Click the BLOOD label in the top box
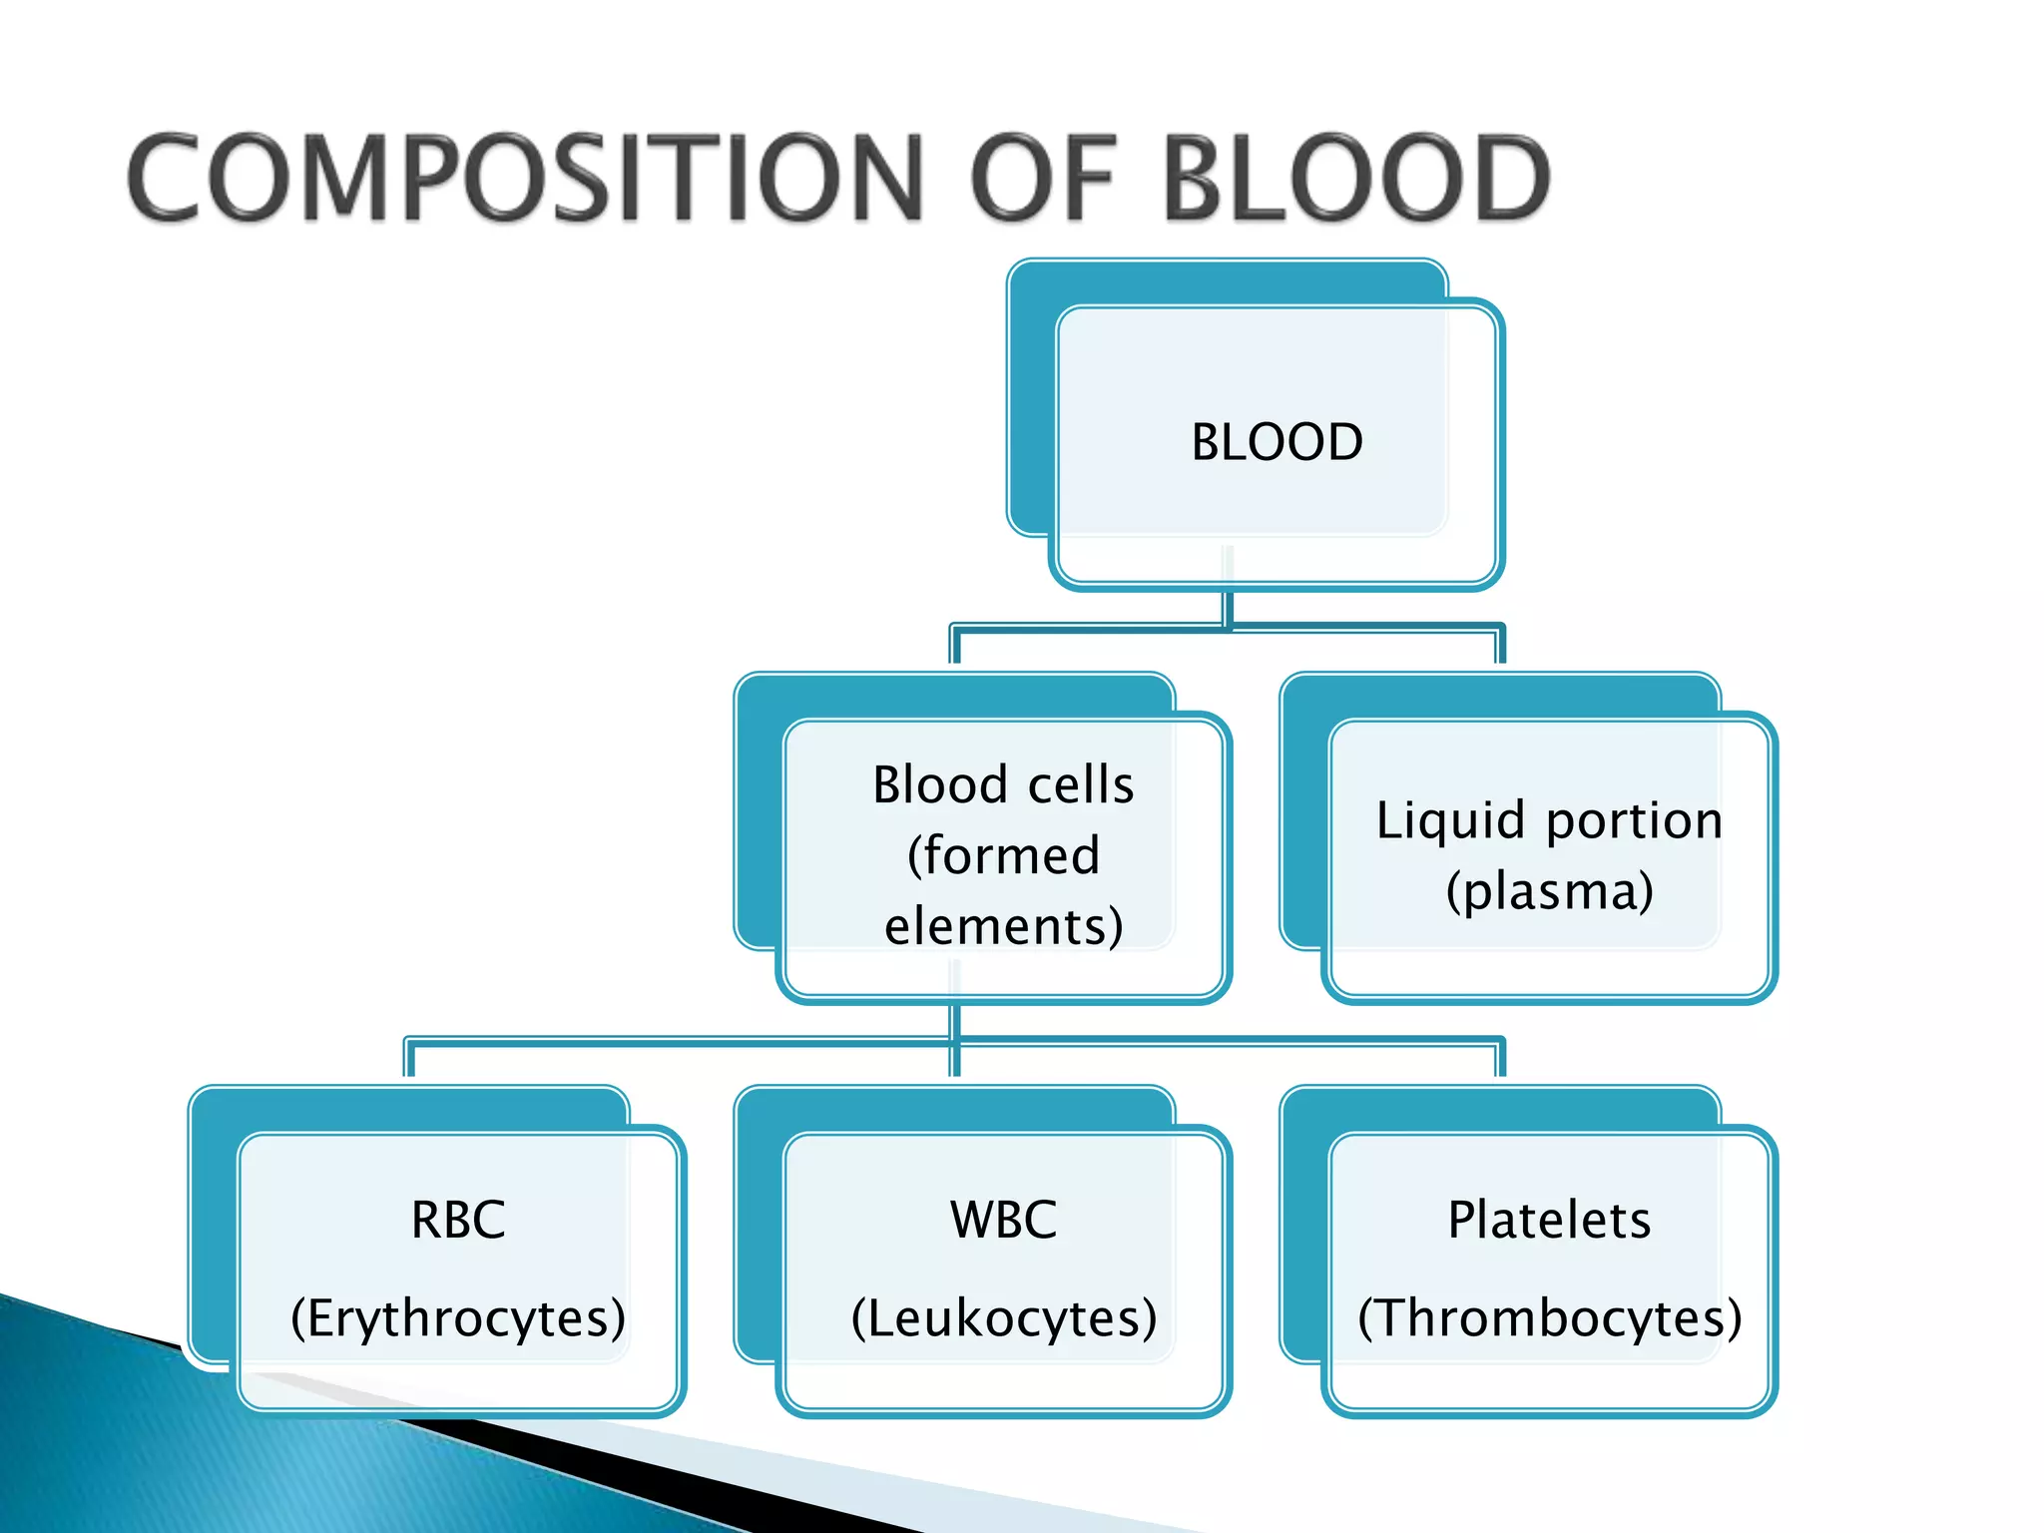point(1277,442)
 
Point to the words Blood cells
point(1003,784)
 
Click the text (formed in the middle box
point(1003,855)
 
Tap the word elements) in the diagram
point(1003,926)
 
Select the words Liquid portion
point(1549,820)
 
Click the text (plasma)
point(1549,891)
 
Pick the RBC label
point(458,1220)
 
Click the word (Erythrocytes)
point(458,1317)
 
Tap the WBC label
point(1003,1220)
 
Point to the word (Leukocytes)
point(1003,1317)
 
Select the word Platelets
point(1549,1220)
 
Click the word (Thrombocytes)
point(1549,1317)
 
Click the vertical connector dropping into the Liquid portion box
point(1500,647)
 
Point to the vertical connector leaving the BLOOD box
point(1229,607)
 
